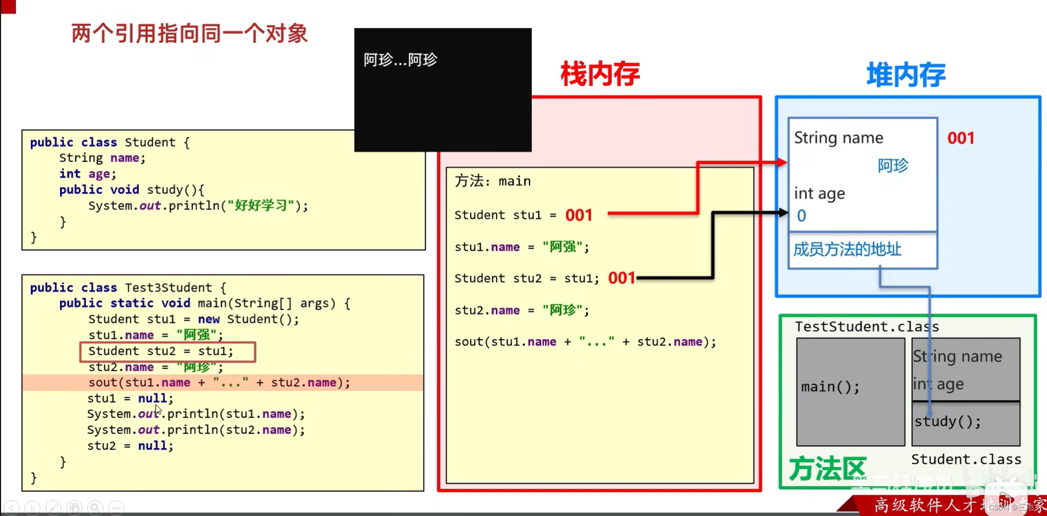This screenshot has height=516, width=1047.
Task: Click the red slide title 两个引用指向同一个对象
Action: coord(189,33)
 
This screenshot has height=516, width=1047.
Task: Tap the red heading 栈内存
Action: coord(600,74)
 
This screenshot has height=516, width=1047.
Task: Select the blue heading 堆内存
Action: coord(906,74)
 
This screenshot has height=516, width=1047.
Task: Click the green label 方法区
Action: coord(827,469)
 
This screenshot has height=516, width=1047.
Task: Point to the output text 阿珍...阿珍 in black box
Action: coord(400,60)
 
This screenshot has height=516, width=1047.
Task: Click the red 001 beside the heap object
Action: coord(961,138)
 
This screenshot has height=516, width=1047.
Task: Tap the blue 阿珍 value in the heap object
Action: coord(893,166)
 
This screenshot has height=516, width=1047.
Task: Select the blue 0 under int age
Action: coord(801,216)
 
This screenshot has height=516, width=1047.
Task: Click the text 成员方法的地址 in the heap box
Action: coord(847,249)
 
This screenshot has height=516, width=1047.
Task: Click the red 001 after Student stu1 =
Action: coord(579,215)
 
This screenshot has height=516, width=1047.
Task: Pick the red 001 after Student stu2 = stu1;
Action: coord(622,278)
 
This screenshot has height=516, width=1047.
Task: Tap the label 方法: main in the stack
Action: coord(492,181)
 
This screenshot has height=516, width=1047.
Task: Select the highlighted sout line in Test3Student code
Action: coord(219,383)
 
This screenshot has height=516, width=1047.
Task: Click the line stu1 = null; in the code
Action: coord(130,398)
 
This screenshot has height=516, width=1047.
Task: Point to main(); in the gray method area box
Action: coord(830,387)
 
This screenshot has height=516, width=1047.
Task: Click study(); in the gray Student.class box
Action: coord(948,421)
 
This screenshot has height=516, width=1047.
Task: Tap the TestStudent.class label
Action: coord(867,326)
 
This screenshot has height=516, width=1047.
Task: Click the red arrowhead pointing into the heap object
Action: coord(782,163)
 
